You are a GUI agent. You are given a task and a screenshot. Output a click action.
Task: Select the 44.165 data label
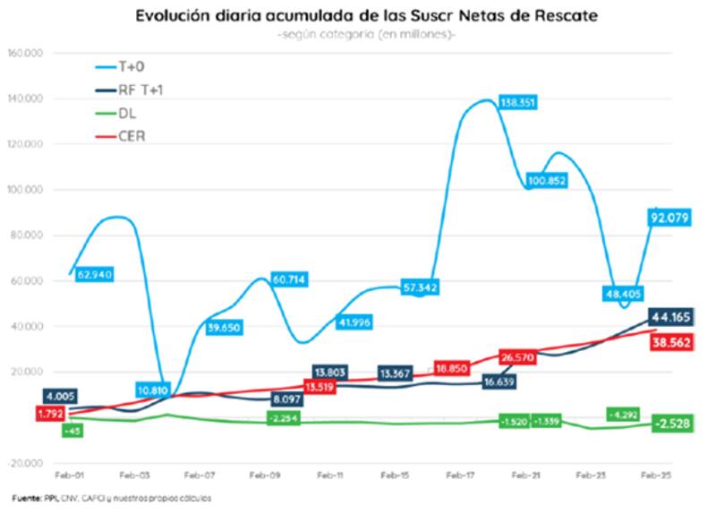click(x=672, y=317)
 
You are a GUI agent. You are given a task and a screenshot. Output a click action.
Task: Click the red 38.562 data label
click(x=672, y=341)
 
